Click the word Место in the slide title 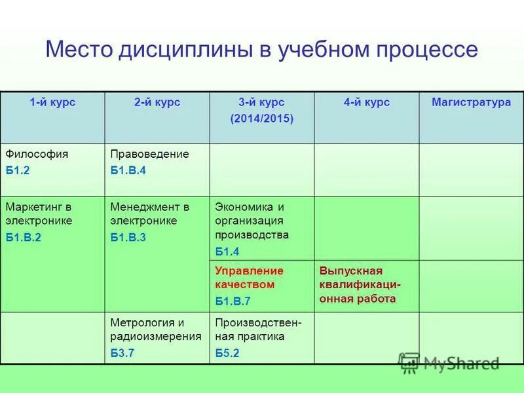pyautogui.click(x=79, y=50)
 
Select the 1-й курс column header pyautogui.click(x=52, y=102)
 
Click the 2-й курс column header pyautogui.click(x=157, y=102)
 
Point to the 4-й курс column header pyautogui.click(x=367, y=102)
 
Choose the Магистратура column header pyautogui.click(x=471, y=102)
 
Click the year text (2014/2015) pyautogui.click(x=262, y=119)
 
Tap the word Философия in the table pyautogui.click(x=37, y=154)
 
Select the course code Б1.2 pyautogui.click(x=18, y=170)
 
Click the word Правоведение pyautogui.click(x=149, y=154)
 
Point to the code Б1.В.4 pyautogui.click(x=128, y=170)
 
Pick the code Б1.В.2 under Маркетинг pyautogui.click(x=24, y=237)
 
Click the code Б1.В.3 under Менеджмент pyautogui.click(x=128, y=237)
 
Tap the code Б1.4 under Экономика pyautogui.click(x=227, y=252)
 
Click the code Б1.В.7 pyautogui.click(x=233, y=301)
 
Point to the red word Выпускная pyautogui.click(x=350, y=271)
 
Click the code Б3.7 pyautogui.click(x=122, y=353)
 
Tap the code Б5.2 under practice pyautogui.click(x=227, y=353)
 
